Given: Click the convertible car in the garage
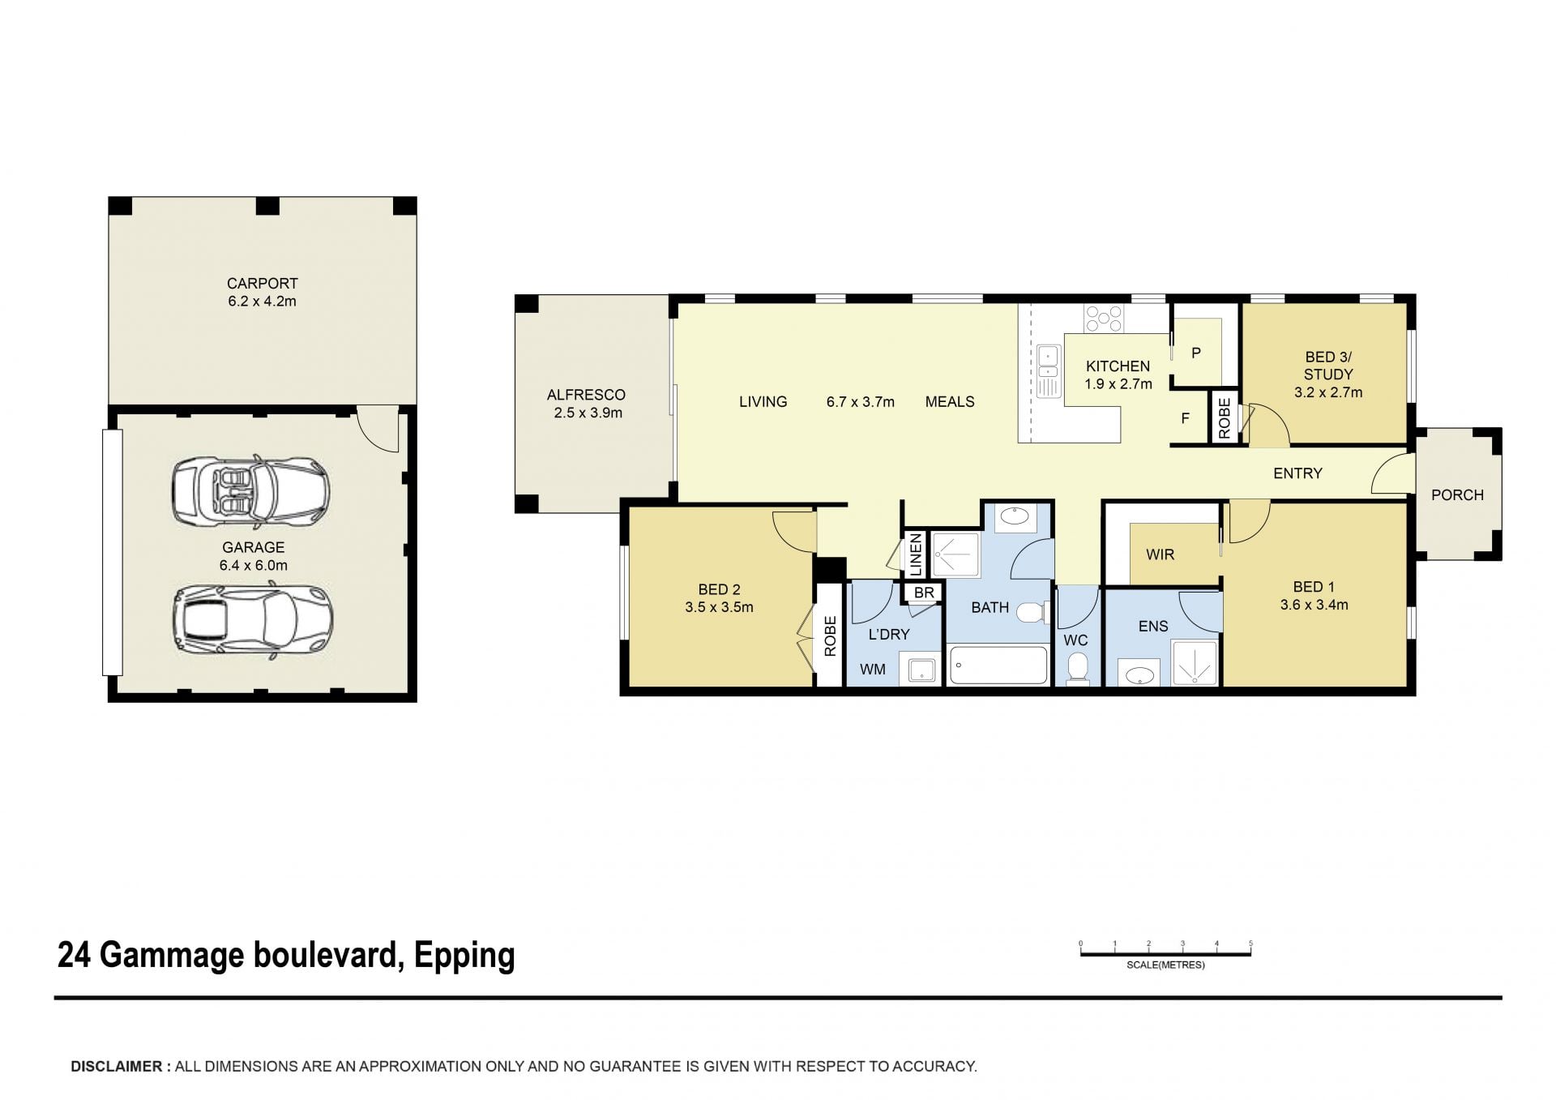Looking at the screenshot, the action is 250,490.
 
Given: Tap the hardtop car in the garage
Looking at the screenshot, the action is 253,620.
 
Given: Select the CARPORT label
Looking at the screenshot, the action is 262,284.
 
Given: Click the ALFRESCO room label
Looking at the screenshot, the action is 586,395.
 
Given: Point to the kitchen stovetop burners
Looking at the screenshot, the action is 1104,319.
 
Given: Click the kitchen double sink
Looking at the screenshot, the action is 1049,372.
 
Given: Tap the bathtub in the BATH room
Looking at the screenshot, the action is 998,665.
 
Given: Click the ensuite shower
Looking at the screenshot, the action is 1195,663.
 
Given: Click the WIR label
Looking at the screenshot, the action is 1160,554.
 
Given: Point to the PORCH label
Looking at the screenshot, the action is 1457,494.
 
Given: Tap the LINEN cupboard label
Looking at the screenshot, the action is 916,554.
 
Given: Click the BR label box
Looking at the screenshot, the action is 924,593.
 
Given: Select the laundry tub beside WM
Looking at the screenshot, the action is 921,670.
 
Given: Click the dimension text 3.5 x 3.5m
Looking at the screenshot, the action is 719,607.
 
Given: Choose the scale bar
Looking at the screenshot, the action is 1165,953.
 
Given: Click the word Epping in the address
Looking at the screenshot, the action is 464,956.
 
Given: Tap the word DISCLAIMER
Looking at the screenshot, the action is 117,1067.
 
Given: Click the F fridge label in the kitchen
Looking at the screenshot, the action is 1185,418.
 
